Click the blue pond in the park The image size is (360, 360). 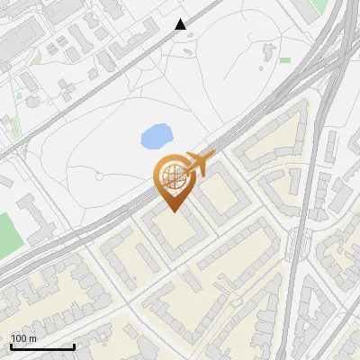point(156,137)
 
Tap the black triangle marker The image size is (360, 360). point(181,24)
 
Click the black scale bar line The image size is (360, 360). point(42,347)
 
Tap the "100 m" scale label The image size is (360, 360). point(24,338)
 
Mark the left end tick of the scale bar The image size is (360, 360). point(11,346)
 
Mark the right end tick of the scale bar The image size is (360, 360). point(74,346)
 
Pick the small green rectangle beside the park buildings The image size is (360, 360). point(284,60)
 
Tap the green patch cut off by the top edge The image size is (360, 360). point(319,5)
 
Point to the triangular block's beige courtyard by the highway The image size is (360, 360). point(270,134)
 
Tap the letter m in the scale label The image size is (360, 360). point(32,338)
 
